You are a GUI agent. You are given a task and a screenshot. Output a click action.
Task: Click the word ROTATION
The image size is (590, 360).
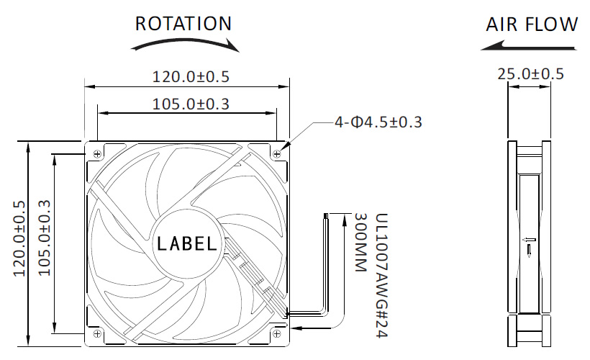183,23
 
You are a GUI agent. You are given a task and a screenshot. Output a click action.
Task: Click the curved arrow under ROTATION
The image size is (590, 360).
185,43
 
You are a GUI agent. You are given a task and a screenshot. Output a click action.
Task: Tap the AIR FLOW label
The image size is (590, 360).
532,24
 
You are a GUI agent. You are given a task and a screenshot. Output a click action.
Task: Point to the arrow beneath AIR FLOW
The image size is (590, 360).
528,47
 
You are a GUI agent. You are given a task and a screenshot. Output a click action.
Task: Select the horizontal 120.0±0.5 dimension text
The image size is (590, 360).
191,77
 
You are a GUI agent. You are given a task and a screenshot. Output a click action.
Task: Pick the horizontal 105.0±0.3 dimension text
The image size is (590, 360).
191,104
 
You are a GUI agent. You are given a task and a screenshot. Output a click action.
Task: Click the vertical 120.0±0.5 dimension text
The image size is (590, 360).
19,239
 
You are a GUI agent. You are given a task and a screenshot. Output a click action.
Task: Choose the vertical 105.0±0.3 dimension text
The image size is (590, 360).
45,238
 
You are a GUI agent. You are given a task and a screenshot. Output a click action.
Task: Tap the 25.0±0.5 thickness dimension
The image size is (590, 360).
530,74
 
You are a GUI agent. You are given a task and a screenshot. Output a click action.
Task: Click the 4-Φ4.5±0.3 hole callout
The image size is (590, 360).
378,122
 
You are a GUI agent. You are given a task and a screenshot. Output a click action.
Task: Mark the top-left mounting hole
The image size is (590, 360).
97,153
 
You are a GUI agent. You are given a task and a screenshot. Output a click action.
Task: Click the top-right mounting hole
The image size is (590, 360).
276,153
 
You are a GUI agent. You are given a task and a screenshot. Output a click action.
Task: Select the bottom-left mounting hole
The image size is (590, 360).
97,333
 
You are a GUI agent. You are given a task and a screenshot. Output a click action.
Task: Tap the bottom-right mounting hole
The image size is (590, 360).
276,333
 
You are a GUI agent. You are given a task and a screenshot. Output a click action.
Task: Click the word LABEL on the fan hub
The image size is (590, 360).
186,243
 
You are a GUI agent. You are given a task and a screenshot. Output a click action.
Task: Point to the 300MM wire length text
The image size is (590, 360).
360,243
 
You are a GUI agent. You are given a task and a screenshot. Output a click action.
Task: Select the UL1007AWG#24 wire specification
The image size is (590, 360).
381,276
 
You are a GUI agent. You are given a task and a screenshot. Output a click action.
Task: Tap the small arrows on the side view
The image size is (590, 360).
529,246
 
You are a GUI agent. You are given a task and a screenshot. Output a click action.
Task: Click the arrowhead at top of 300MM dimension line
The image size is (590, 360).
345,220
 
